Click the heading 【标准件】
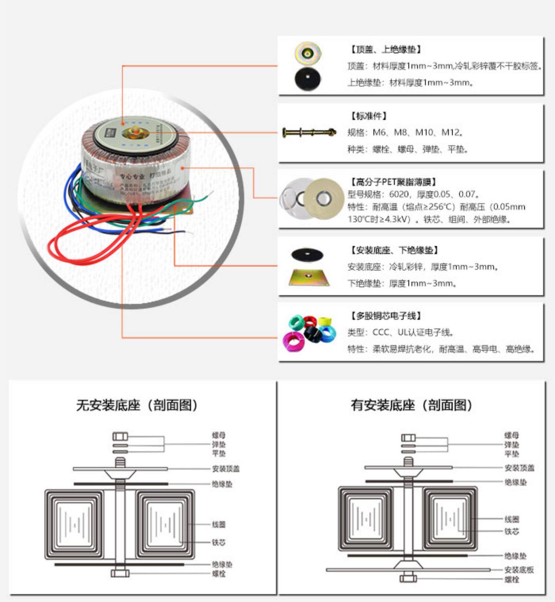[x=369, y=116]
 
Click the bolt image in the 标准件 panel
[x=309, y=132]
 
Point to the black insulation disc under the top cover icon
[x=307, y=79]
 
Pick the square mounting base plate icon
[x=309, y=277]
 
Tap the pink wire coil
[x=292, y=341]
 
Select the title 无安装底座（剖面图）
[x=137, y=405]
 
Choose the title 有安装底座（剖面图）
[x=411, y=405]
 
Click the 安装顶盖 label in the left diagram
[x=226, y=469]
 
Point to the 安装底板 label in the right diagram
[x=519, y=570]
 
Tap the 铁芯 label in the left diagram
[x=219, y=542]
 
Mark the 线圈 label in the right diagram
[x=512, y=519]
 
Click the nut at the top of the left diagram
[x=120, y=437]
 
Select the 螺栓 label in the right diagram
[x=512, y=579]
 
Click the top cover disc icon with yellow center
[x=308, y=53]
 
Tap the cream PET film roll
[x=324, y=198]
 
